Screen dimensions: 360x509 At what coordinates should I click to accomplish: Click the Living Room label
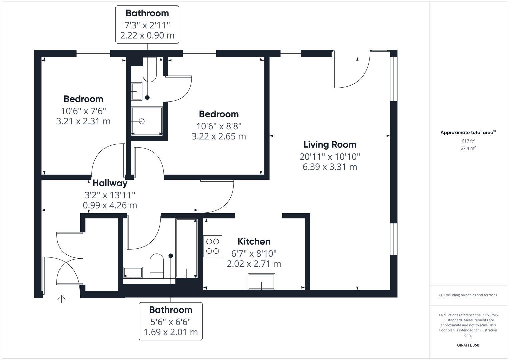(330, 145)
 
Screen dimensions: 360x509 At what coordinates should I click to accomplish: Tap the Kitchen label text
(254, 241)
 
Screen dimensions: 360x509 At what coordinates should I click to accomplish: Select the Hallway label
(110, 183)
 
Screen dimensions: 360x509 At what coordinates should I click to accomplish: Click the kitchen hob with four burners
(212, 246)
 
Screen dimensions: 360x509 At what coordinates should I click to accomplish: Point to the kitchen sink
(261, 282)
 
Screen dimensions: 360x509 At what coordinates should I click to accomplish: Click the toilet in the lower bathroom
(157, 266)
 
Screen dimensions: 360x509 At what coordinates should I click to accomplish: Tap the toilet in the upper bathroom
(149, 70)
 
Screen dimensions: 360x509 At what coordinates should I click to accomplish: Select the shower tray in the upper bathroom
(147, 121)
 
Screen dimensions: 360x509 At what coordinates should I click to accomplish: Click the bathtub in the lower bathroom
(186, 248)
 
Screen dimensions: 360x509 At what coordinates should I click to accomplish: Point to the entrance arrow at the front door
(61, 298)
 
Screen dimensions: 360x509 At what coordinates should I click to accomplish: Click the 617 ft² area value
(468, 141)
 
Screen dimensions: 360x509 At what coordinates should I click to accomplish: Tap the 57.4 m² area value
(468, 148)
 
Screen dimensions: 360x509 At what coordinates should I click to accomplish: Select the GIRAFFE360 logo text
(468, 345)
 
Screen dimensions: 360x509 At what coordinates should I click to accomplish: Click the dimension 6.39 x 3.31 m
(330, 167)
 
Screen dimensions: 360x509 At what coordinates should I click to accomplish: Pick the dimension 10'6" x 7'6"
(83, 111)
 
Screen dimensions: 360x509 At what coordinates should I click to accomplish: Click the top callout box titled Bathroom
(147, 24)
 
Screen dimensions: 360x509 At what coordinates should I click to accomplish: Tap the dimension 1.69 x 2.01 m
(171, 332)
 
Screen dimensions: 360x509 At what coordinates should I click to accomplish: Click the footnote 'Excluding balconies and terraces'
(468, 295)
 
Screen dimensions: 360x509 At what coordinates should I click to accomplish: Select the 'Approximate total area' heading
(467, 132)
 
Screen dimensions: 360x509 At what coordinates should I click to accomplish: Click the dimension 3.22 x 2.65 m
(219, 136)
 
